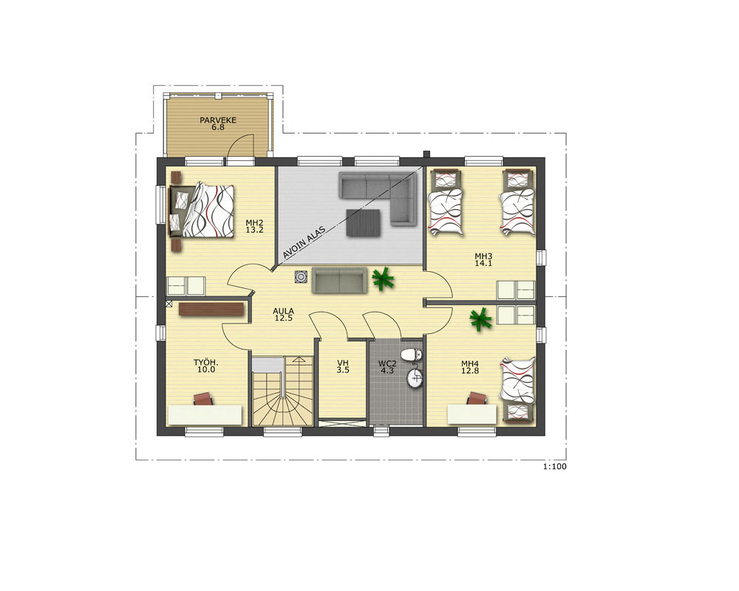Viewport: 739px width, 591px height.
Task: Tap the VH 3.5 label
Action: pos(343,366)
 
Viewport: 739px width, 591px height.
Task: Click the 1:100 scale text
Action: pos(555,467)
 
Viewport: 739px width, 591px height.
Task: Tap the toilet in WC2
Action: pos(412,354)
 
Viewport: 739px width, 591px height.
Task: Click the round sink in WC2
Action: pos(415,378)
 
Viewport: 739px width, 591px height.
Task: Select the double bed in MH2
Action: pos(202,211)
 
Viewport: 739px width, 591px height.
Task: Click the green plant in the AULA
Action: pos(383,279)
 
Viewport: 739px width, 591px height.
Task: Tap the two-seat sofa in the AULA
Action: pos(339,281)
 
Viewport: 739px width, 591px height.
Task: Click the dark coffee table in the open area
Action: pos(363,222)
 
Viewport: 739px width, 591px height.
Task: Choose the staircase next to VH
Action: pos(282,391)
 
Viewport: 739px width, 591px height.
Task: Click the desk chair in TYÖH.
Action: pos(204,399)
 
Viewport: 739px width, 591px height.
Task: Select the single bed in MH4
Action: pos(518,389)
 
